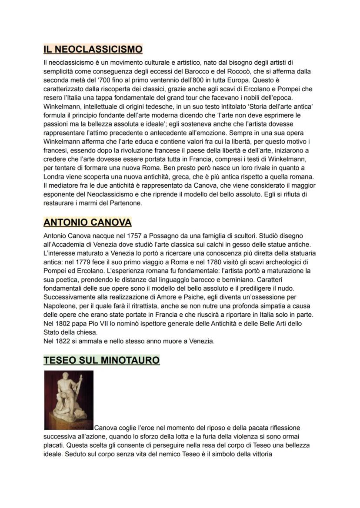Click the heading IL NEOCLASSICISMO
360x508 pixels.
pos(93,49)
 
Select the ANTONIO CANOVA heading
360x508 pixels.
pos(87,222)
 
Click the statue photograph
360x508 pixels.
pos(69,400)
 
